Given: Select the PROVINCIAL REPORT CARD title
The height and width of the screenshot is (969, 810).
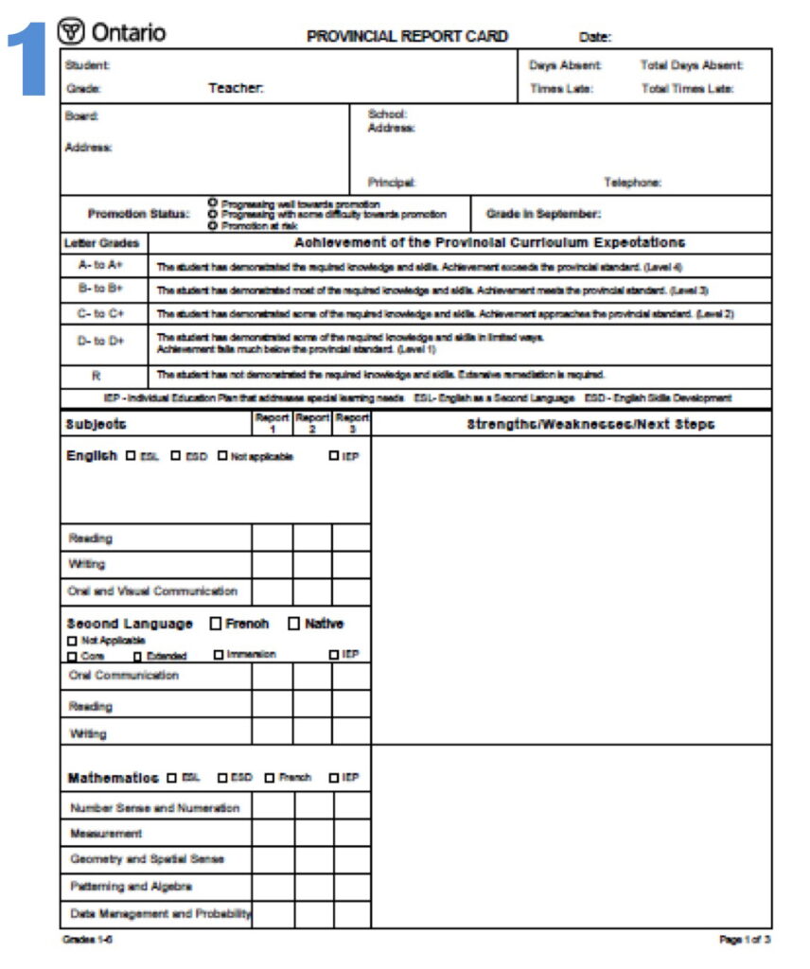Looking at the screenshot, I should [407, 37].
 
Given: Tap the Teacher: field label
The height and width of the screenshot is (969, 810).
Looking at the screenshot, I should [236, 88].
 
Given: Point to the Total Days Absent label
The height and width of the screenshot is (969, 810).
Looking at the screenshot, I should [692, 65].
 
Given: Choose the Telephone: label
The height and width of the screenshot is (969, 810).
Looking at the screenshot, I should [632, 183].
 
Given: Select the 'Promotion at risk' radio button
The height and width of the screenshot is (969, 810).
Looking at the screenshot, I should [213, 225].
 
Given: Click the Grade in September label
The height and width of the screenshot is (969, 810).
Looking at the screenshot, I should [543, 214].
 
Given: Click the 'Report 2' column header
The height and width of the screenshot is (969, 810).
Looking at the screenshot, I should [311, 423].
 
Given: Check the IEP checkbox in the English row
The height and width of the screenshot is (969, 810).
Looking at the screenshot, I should [334, 456].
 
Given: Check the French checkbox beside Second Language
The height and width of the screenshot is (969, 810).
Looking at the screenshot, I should [216, 624].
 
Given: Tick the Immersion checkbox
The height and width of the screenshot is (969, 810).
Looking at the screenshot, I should [219, 655].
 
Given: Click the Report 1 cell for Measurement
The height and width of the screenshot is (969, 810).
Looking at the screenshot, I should [273, 834].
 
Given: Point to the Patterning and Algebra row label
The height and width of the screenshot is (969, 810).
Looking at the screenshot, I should [131, 887].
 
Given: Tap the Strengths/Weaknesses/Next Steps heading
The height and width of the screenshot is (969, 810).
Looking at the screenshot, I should [590, 424].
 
